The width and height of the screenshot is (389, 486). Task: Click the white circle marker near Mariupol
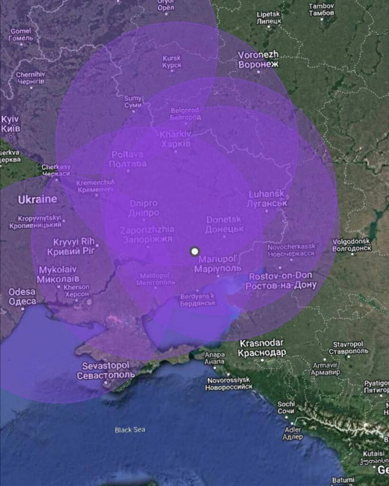tap(194, 251)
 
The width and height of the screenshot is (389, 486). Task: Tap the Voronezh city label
tap(258, 59)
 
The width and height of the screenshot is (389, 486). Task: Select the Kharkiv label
tap(176, 139)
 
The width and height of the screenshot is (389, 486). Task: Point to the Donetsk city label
tap(224, 224)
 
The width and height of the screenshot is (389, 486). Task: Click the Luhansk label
tap(267, 198)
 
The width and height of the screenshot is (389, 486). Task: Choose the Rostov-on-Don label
tap(280, 280)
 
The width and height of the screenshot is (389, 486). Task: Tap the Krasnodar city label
tap(262, 348)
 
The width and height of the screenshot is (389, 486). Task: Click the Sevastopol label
tap(105, 370)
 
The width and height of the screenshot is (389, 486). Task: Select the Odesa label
tap(22, 296)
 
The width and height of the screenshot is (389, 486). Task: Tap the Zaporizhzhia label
tap(148, 234)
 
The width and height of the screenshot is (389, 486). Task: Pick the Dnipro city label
tap(144, 208)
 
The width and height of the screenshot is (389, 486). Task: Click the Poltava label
tap(128, 159)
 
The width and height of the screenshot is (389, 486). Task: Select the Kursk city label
tap(172, 62)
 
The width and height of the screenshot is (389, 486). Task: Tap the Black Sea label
tap(130, 430)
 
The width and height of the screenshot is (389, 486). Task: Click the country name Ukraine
tap(37, 199)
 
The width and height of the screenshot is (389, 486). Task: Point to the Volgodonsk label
tap(352, 244)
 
